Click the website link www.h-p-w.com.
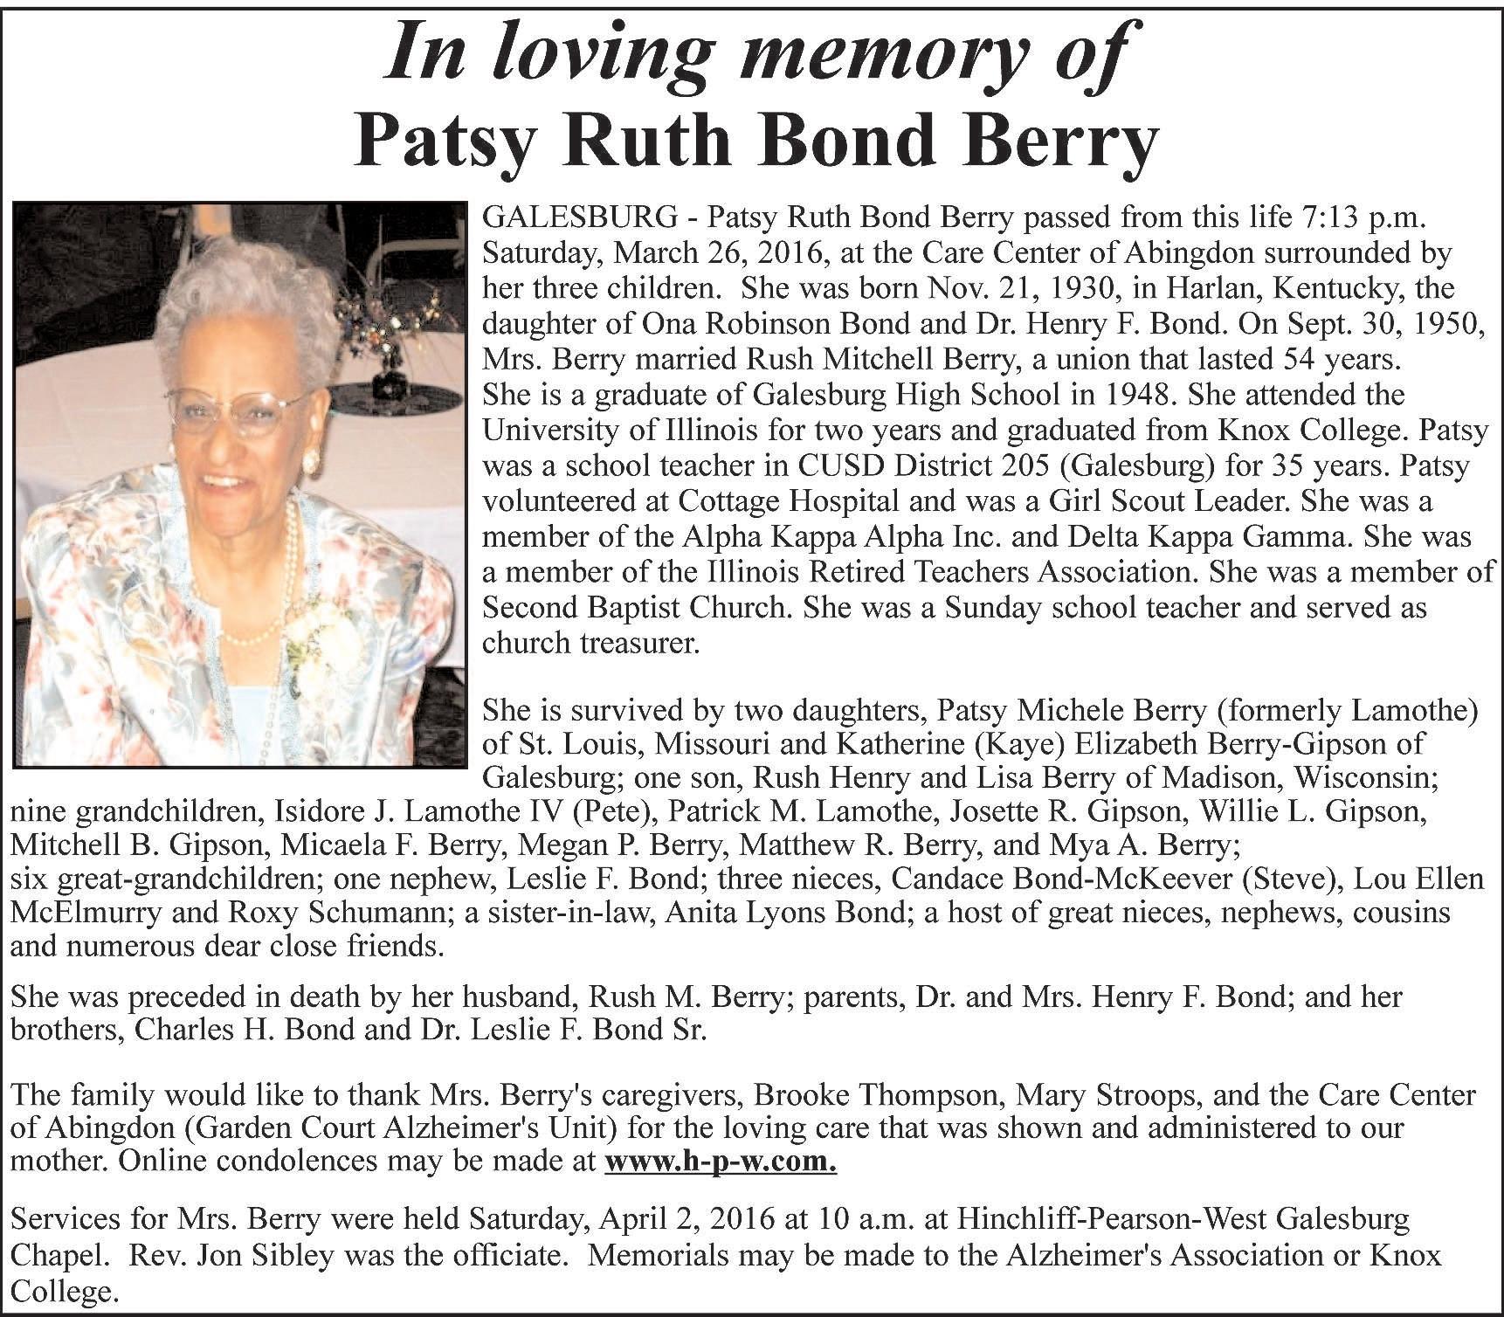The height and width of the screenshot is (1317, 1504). tap(721, 1162)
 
